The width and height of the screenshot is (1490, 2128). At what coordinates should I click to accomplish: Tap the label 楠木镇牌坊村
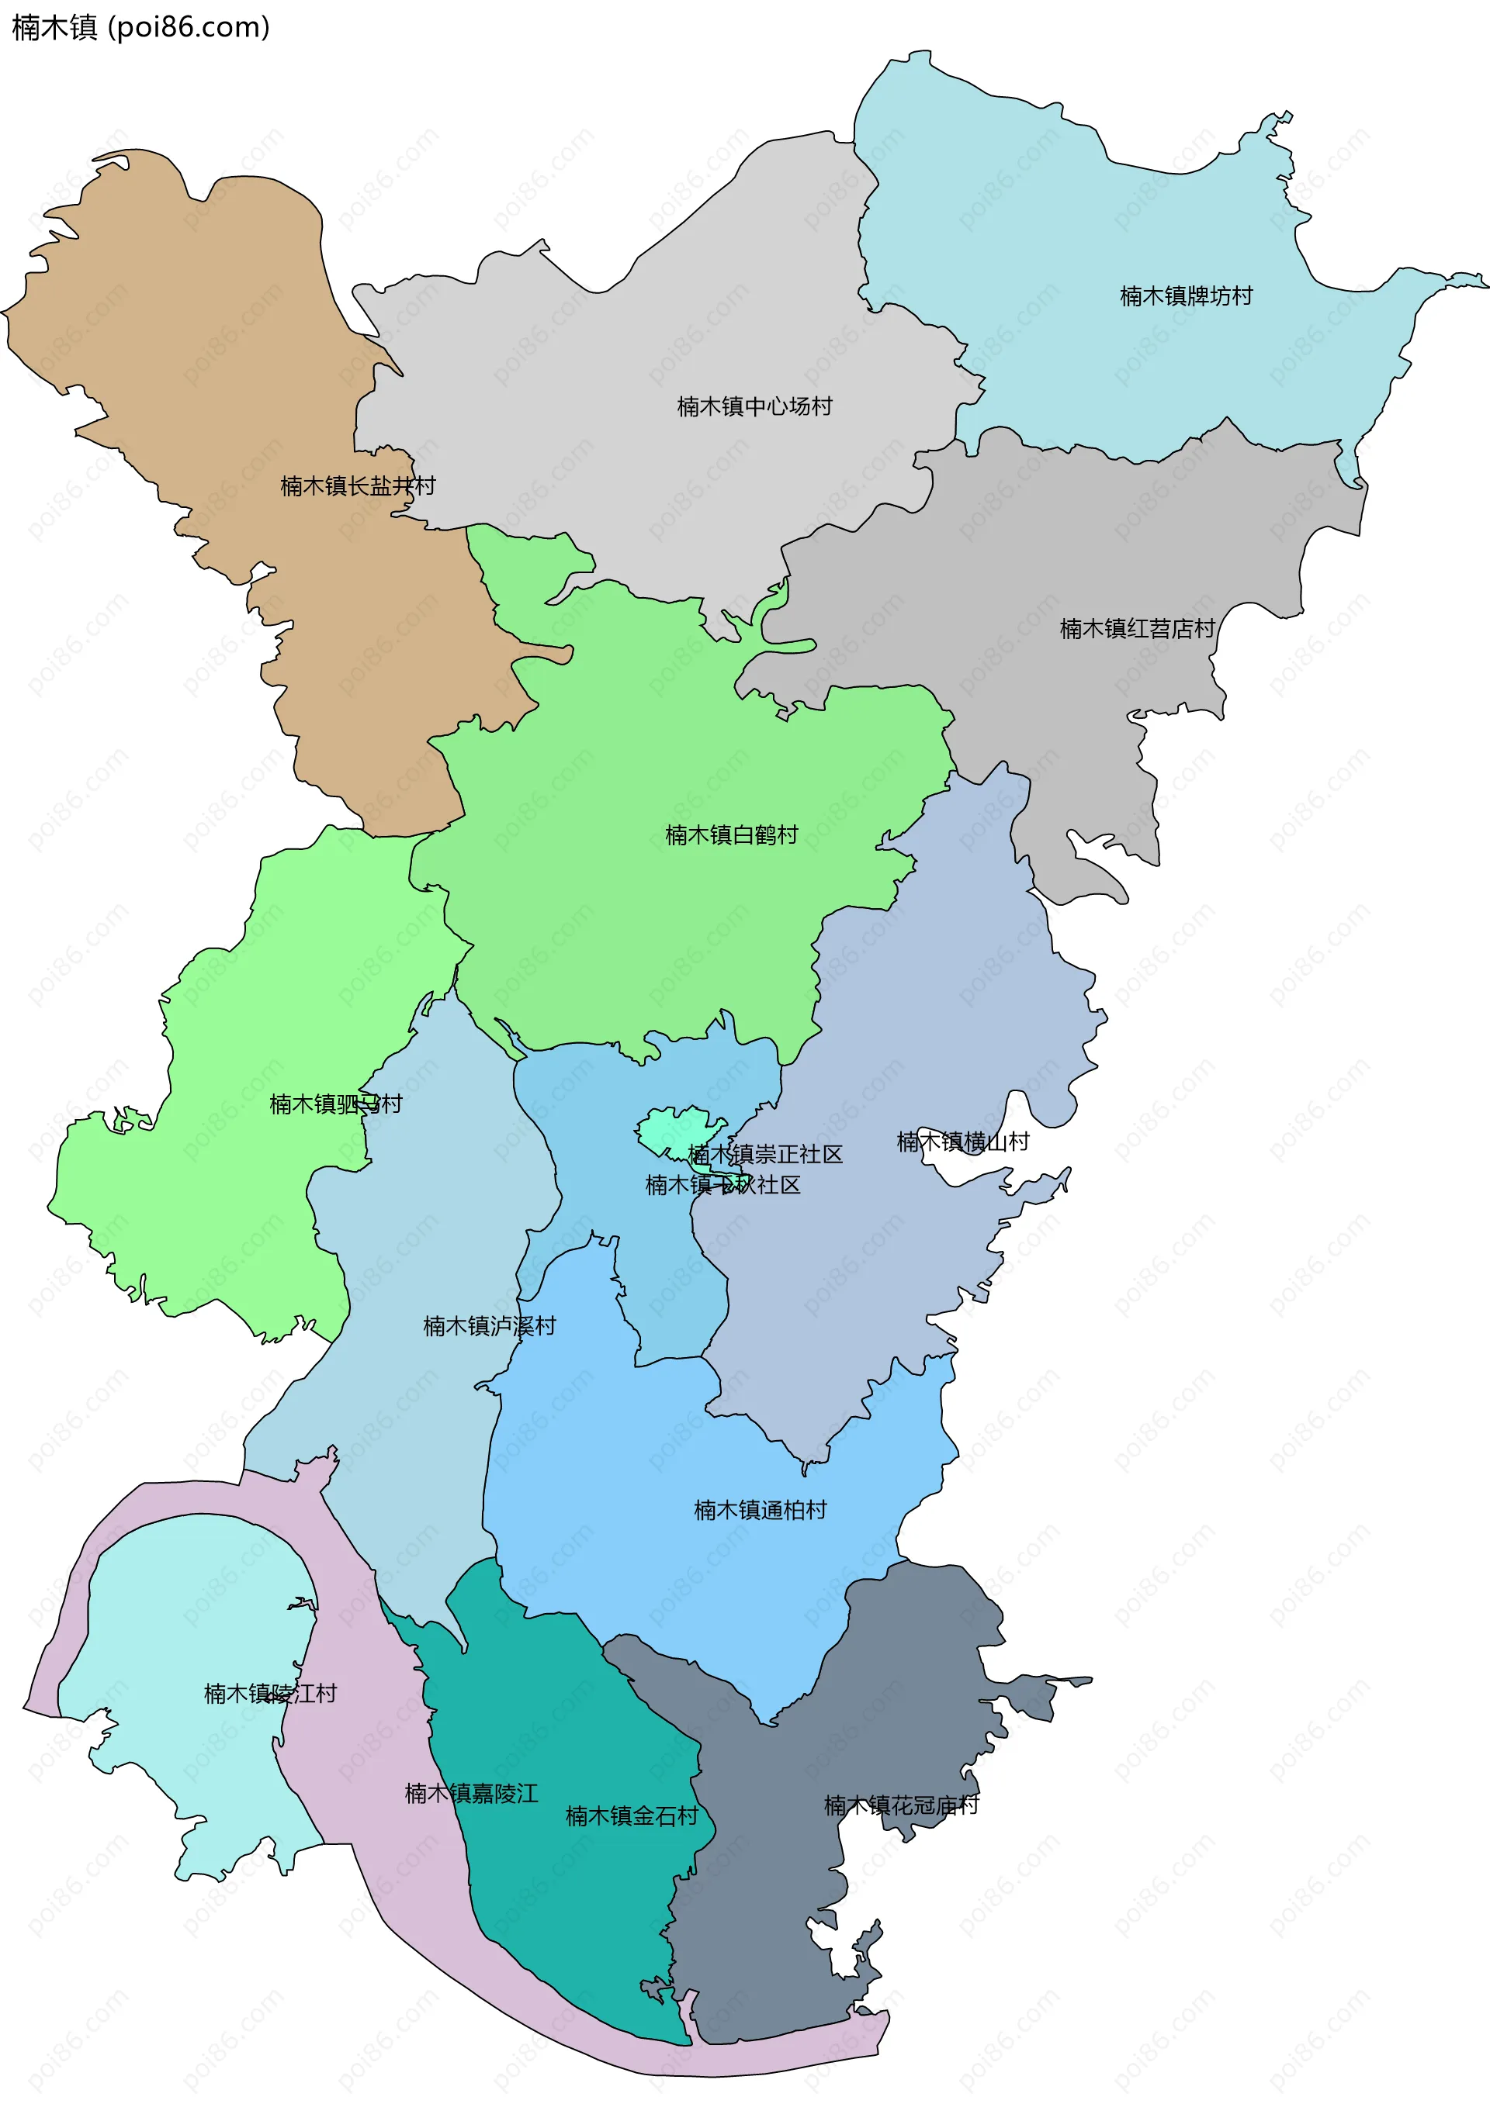(x=1186, y=295)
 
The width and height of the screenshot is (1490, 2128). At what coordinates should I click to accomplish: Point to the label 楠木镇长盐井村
(x=358, y=485)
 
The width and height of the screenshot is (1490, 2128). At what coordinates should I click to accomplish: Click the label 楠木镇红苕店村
(x=1137, y=628)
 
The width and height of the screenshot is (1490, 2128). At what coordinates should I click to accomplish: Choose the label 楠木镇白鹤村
(x=732, y=835)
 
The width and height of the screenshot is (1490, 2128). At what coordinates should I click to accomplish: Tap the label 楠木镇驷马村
(x=336, y=1104)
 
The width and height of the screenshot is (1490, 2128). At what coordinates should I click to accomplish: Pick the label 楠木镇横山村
(x=962, y=1142)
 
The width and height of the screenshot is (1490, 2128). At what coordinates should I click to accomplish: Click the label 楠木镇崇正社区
(x=766, y=1154)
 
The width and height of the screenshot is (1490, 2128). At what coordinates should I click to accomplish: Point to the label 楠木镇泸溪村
(x=490, y=1326)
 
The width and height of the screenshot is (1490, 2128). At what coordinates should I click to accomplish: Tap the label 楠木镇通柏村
(x=761, y=1510)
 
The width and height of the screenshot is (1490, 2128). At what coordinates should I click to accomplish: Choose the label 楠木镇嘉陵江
(x=471, y=1794)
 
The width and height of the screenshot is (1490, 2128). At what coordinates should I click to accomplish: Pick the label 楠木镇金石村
(x=632, y=1815)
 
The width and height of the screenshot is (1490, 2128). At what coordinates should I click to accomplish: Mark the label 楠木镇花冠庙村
(x=901, y=1805)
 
